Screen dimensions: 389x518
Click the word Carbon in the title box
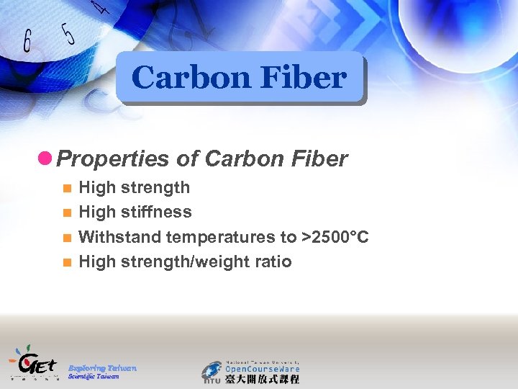point(183,78)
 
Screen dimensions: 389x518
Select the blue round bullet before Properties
point(47,157)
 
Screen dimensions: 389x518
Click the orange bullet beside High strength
point(66,189)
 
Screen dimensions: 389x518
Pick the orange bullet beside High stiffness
point(66,213)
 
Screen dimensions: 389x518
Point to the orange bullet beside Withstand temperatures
point(66,238)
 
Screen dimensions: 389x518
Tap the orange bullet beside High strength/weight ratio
point(66,262)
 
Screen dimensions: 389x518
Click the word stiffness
point(158,213)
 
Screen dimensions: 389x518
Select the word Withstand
point(119,237)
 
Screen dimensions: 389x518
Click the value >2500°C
point(338,237)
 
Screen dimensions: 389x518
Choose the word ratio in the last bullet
point(272,261)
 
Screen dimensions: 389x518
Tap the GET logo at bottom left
point(32,362)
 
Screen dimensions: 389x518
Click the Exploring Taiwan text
point(102,368)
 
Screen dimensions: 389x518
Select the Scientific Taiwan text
point(94,377)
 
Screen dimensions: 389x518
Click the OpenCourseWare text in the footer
point(262,368)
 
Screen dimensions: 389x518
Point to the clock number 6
point(28,41)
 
